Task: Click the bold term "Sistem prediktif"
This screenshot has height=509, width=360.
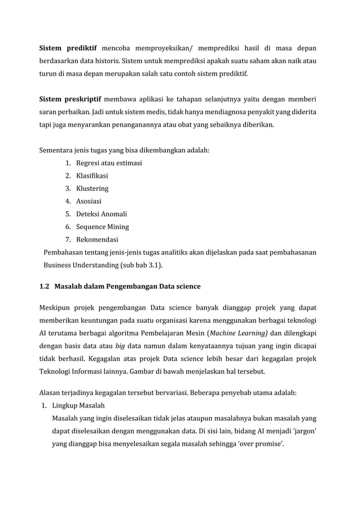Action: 68,48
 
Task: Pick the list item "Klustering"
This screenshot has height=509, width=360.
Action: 92,188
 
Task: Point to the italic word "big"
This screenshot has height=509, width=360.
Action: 121,346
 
